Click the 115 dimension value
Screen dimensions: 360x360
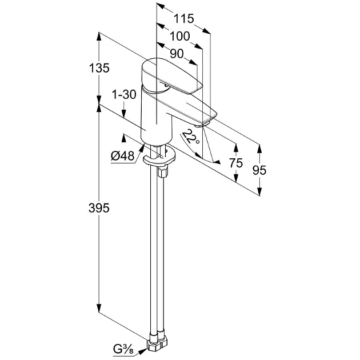click(x=183, y=19)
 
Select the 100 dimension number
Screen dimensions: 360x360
click(x=180, y=36)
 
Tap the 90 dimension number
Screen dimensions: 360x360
click(x=177, y=54)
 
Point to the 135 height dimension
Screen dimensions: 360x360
click(x=99, y=68)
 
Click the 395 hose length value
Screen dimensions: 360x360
click(x=99, y=208)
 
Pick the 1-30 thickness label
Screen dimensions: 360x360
click(x=124, y=94)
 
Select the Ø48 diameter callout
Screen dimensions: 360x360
click(x=122, y=157)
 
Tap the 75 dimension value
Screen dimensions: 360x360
click(x=236, y=163)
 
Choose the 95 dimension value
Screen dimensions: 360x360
click(x=259, y=170)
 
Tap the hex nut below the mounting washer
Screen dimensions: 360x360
click(x=163, y=172)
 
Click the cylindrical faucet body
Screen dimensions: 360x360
click(x=156, y=117)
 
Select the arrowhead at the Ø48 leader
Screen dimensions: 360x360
click(x=142, y=148)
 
